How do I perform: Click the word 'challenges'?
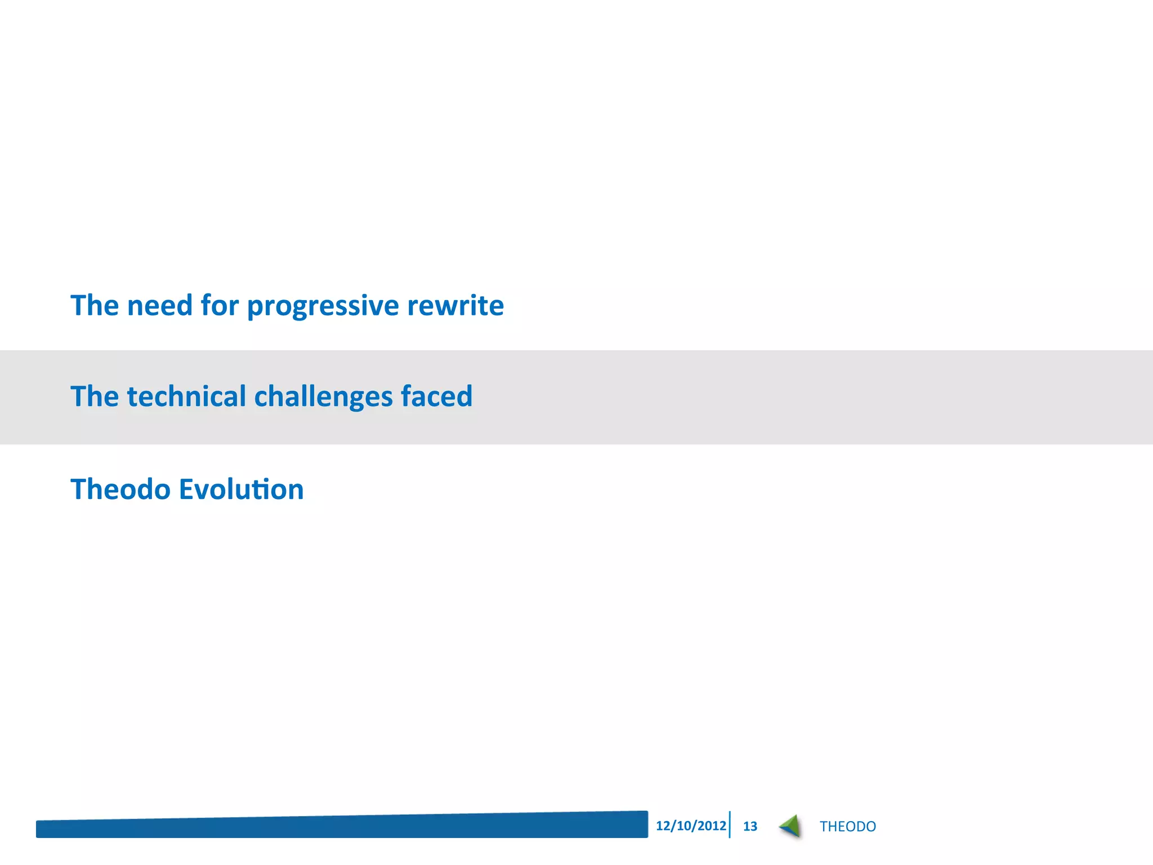point(323,398)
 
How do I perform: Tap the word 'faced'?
point(436,396)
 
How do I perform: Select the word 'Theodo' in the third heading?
point(120,489)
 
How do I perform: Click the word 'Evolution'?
point(241,489)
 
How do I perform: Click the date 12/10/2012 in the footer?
point(691,826)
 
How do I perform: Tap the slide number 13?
point(750,826)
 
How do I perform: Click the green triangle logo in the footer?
point(791,826)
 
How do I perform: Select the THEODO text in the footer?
point(847,826)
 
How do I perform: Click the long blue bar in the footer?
point(342,826)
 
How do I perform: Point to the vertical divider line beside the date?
point(730,824)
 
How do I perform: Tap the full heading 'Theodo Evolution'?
point(187,489)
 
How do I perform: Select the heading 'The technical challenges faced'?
point(271,396)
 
